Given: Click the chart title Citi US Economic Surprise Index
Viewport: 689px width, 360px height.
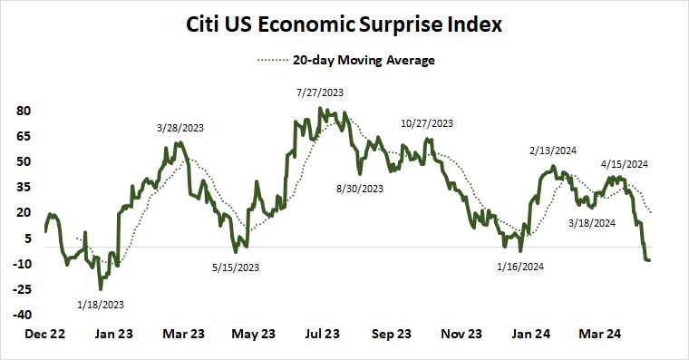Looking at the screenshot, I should [x=344, y=25].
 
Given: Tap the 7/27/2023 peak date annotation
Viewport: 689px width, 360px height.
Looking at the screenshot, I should [x=319, y=92].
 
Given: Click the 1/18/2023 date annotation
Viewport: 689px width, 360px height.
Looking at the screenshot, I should [x=101, y=304].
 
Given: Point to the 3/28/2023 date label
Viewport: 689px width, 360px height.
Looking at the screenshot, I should [x=180, y=128].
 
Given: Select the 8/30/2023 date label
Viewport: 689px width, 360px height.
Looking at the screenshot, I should [x=360, y=189].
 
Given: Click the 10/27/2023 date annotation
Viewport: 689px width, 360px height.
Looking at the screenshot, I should [x=426, y=123].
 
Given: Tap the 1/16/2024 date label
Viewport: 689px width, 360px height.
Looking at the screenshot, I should [x=521, y=267].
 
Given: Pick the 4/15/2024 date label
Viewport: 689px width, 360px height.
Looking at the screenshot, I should [x=625, y=164].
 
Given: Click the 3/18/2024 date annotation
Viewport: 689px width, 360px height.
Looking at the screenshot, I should [x=592, y=222].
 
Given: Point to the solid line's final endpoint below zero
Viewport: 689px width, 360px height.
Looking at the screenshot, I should [x=649, y=260].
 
